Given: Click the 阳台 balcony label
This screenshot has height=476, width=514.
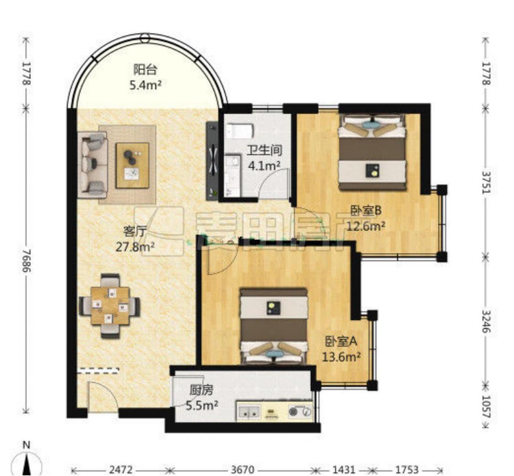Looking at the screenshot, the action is click(145, 70).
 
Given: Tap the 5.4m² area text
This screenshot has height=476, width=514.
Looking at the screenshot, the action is click(145, 85).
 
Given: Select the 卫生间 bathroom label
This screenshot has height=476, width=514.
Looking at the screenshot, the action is click(264, 150).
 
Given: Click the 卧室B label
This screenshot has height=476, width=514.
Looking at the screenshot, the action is click(366, 211).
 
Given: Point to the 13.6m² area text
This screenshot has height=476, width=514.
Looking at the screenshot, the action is click(341, 356).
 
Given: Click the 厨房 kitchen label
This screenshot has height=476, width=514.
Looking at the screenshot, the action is click(201, 390).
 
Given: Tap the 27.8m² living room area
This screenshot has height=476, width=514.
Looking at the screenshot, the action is click(135, 247).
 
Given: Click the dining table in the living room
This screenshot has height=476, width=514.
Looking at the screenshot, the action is click(110, 306).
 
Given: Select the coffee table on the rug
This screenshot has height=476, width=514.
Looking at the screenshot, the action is click(132, 165).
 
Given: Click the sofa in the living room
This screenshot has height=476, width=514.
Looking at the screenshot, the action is click(92, 165).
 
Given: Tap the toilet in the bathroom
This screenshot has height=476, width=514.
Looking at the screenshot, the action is click(240, 131).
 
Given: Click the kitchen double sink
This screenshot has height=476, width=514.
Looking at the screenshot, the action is click(249, 412).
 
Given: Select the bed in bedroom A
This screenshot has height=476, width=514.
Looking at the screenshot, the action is click(274, 326).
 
